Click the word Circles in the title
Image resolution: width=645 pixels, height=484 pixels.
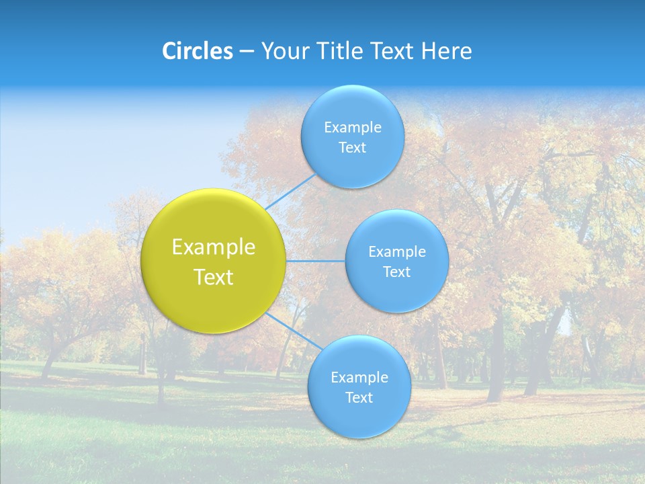197,51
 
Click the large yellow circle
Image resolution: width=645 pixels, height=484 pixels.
214,296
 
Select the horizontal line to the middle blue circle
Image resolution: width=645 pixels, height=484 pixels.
315,261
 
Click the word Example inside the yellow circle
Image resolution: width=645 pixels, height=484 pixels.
214,247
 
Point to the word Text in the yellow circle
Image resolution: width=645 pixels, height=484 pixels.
214,277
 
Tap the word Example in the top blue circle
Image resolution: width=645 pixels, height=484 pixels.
353,128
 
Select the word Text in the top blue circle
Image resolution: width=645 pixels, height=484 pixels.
353,148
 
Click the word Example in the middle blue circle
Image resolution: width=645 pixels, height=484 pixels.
397,252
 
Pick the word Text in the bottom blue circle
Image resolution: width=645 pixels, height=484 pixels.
359,398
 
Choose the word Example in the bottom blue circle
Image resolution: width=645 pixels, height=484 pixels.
359,378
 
